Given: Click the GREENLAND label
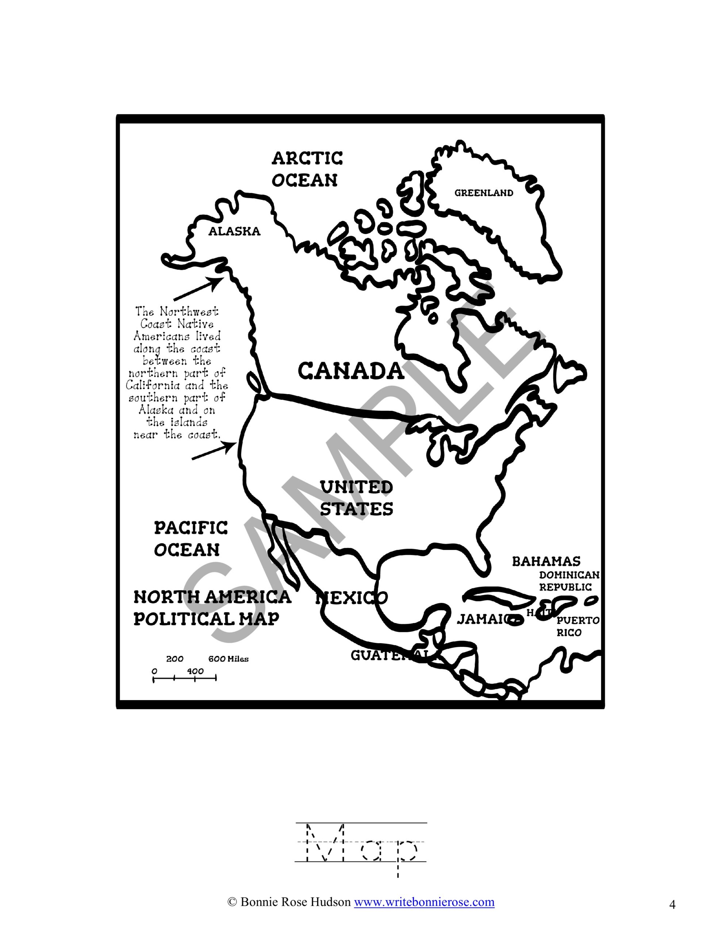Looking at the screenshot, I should click(x=484, y=193).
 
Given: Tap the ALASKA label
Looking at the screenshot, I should click(x=234, y=232).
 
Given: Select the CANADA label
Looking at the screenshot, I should click(x=350, y=371).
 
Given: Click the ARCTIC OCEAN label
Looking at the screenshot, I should click(x=307, y=169).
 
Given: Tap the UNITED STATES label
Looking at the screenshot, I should click(x=357, y=498).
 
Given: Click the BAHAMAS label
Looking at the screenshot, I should click(x=546, y=561).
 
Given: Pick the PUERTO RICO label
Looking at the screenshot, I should click(x=578, y=626).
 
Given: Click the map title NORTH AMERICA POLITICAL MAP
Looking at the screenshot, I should click(x=212, y=607).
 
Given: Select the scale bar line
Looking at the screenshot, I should click(x=184, y=678).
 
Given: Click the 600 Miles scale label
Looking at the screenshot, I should click(x=228, y=659).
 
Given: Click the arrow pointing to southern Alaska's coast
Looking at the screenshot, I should click(x=198, y=289).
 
